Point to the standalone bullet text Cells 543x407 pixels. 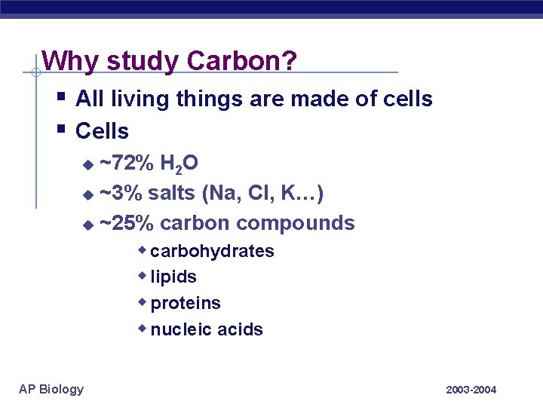[x=103, y=131]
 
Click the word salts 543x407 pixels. [x=172, y=194]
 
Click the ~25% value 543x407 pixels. [x=127, y=223]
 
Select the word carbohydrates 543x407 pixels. [x=212, y=251]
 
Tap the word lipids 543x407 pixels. [x=173, y=277]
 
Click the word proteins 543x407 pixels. [x=186, y=304]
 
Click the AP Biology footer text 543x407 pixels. [x=51, y=389]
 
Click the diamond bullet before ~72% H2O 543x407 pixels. [x=87, y=164]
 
